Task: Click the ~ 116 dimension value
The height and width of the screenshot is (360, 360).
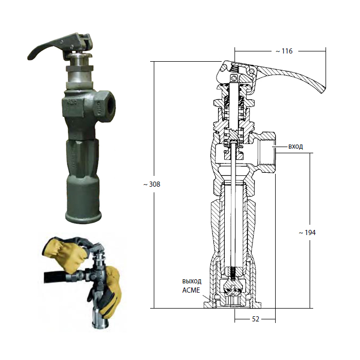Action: (284, 51)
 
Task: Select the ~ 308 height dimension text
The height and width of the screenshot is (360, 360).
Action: (152, 184)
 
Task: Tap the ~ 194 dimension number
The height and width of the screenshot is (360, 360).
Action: (307, 232)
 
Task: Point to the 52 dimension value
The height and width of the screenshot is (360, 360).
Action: (256, 319)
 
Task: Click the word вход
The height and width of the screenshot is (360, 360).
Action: (296, 147)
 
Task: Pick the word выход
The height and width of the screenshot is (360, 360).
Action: (192, 281)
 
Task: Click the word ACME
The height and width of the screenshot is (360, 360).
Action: (191, 290)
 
